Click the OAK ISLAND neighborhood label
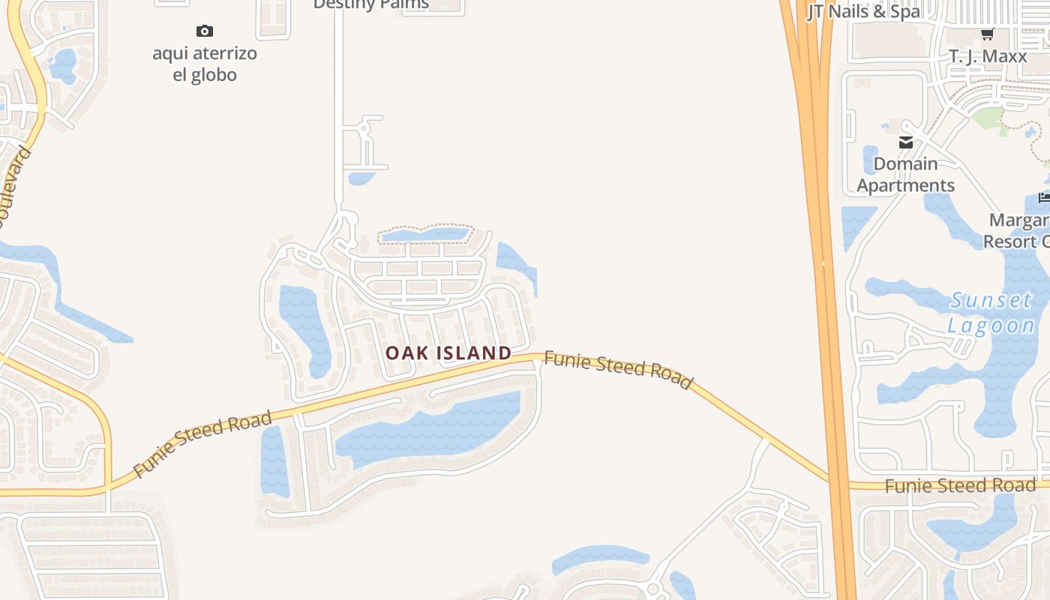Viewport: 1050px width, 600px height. tap(448, 352)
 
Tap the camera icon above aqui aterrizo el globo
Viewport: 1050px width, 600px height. tap(205, 31)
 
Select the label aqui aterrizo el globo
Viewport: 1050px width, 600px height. tap(205, 64)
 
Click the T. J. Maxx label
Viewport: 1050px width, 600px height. tap(988, 56)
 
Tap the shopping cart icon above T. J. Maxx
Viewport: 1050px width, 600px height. tap(988, 34)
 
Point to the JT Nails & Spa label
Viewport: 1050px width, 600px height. tap(864, 11)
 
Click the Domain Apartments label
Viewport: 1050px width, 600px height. tap(906, 175)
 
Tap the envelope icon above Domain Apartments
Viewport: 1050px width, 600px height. tap(906, 142)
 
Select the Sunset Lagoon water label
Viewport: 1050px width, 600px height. tap(991, 313)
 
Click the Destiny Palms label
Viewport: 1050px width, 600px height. tap(371, 4)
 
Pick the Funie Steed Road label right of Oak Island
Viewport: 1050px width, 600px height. tap(617, 369)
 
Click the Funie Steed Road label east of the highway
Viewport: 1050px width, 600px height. tap(960, 485)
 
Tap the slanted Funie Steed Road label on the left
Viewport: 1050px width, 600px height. tap(202, 444)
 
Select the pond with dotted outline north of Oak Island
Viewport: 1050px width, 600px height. tap(424, 235)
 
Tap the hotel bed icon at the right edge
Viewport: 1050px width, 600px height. tap(1044, 197)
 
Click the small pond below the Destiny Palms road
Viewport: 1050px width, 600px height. tap(361, 178)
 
